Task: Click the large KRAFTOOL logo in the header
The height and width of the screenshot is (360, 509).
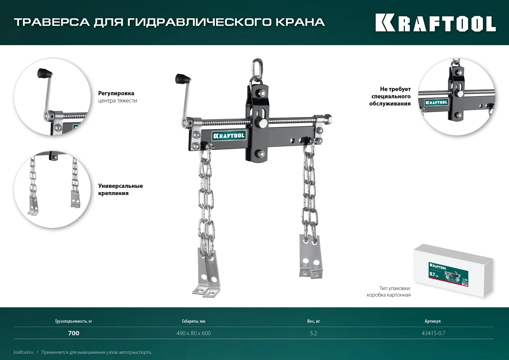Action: click(435, 23)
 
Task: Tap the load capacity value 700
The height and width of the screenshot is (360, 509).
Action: click(74, 333)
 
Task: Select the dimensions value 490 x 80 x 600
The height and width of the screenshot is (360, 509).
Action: click(194, 333)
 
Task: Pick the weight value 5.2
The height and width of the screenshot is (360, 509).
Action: click(313, 333)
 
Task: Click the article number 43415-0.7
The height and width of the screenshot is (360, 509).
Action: click(433, 333)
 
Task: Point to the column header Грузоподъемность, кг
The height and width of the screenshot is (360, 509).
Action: click(73, 321)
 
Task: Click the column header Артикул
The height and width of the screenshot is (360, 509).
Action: click(432, 321)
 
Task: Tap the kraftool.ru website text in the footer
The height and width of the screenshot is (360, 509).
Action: click(24, 352)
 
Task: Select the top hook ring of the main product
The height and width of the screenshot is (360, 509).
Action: click(257, 68)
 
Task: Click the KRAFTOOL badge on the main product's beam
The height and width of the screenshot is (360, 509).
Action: click(229, 136)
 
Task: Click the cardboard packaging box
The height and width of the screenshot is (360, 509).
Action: click(453, 271)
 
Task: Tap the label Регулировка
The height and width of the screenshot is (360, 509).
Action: click(116, 93)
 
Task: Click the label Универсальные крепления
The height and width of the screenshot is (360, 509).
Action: click(120, 189)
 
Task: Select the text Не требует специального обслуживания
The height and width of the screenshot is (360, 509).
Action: click(390, 96)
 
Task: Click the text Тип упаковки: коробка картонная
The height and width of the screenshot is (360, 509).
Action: click(389, 292)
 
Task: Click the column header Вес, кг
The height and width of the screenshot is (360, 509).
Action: click(313, 321)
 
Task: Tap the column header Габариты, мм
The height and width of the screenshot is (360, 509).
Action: click(194, 321)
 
